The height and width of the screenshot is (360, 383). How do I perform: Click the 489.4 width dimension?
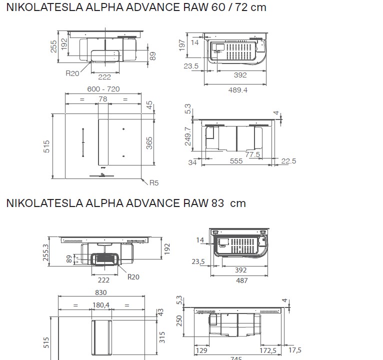click(236, 90)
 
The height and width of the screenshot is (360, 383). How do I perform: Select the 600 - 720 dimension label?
click(103, 89)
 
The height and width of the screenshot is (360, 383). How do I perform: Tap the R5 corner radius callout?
click(153, 183)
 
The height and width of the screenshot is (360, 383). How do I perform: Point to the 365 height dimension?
click(149, 143)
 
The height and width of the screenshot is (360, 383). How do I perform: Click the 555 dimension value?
click(236, 161)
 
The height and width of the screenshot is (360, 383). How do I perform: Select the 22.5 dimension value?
click(288, 161)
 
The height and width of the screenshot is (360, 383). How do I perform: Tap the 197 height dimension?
click(182, 45)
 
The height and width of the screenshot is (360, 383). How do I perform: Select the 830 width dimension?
click(101, 292)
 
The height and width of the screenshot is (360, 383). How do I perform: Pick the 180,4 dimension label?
click(101, 305)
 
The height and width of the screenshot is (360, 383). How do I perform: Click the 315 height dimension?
click(161, 337)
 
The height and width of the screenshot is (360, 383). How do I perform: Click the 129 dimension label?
click(201, 350)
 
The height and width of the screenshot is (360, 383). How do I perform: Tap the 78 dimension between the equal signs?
click(103, 99)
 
